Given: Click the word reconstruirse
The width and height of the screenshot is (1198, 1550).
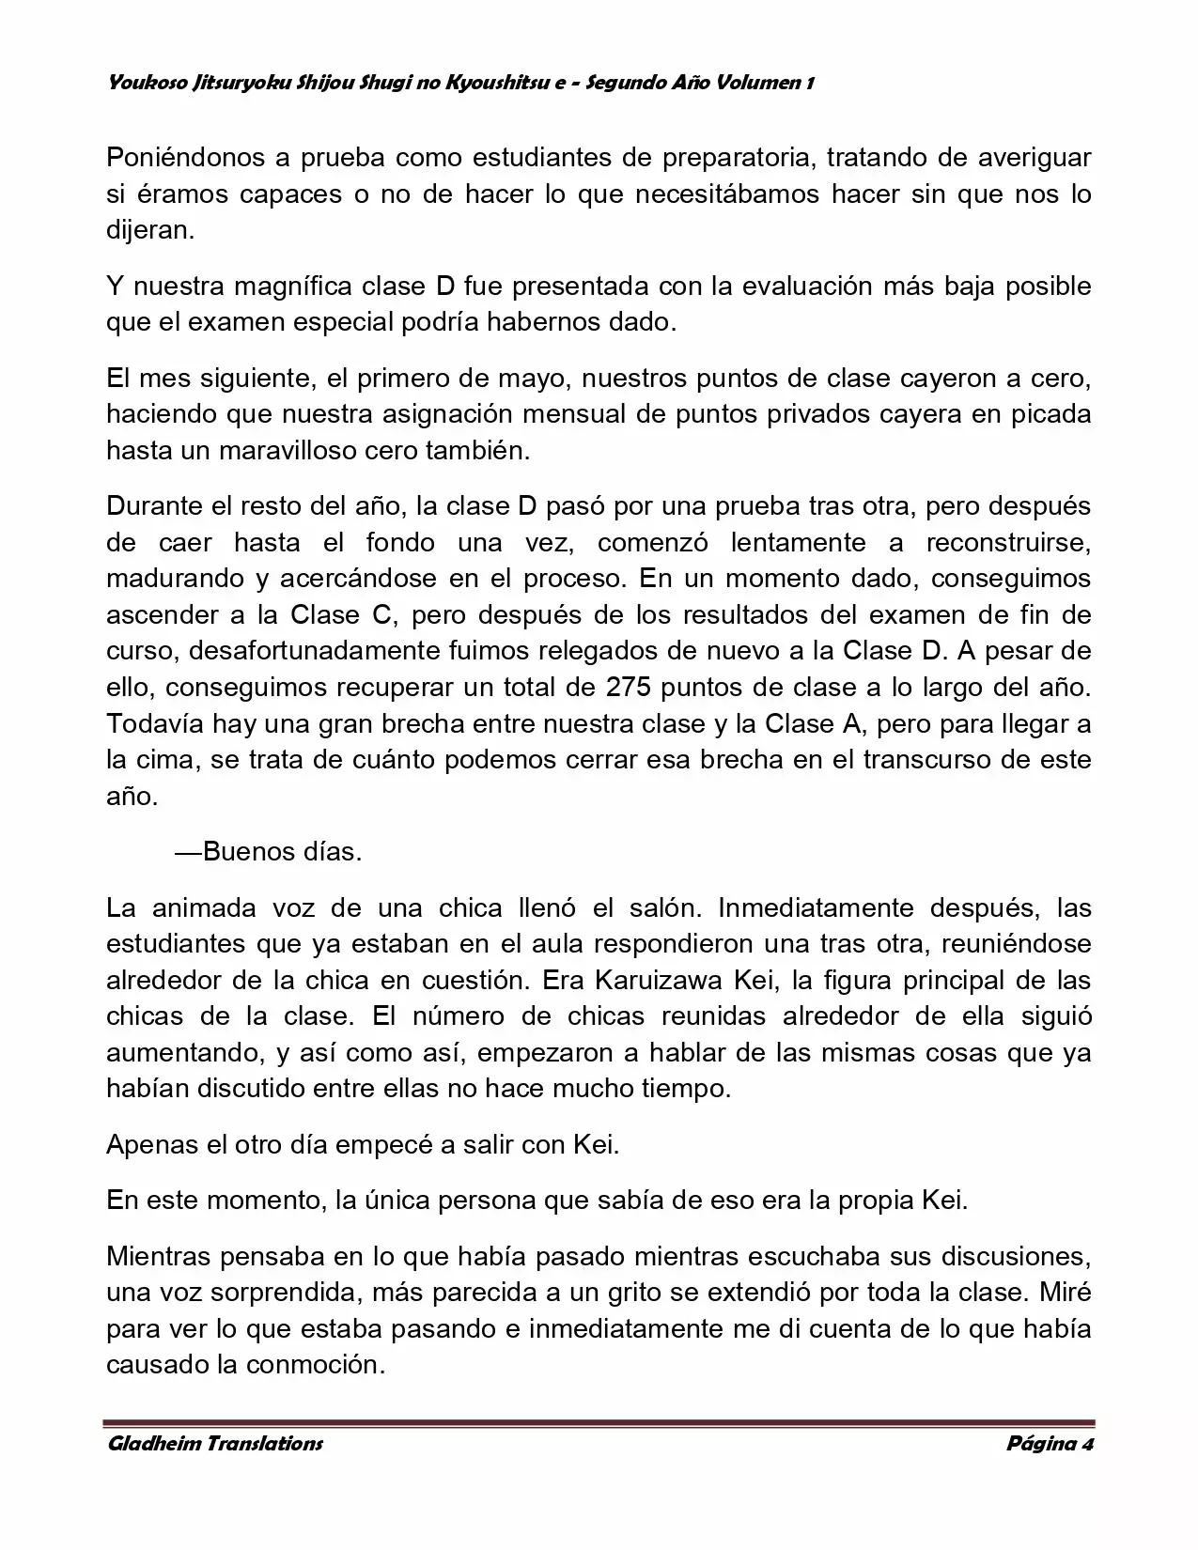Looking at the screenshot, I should click(1008, 542).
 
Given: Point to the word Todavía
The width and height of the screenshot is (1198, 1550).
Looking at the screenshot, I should click(155, 723).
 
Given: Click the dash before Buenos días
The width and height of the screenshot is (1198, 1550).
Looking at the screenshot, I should click(188, 852).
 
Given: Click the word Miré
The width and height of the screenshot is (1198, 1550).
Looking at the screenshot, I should click(1066, 1292).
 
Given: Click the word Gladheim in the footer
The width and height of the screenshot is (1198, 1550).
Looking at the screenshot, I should click(153, 1443).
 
